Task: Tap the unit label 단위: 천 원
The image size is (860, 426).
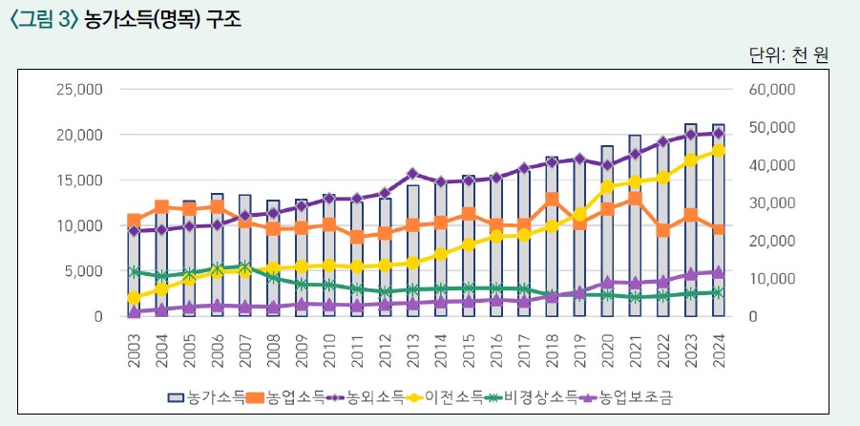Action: (787, 54)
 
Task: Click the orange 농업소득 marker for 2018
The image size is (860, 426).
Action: (552, 200)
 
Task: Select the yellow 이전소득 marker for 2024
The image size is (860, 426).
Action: (719, 150)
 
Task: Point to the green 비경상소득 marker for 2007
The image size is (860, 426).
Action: (245, 267)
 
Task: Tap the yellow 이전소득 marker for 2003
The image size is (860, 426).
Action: (135, 298)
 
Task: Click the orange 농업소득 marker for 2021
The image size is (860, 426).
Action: (636, 199)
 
